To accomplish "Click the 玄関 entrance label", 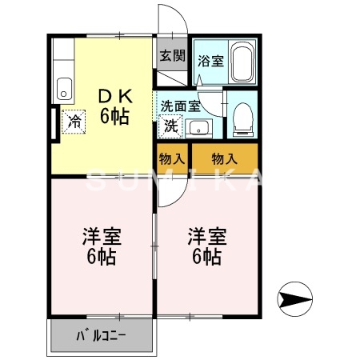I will pos(171,55).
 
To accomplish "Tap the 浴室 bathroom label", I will pos(210,59).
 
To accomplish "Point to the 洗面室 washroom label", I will pos(179,106).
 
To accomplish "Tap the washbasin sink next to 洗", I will pos(197,126).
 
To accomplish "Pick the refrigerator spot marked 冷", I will pos(74,122).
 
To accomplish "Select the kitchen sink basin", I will pos(63,87).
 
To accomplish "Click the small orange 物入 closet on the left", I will pos(171,158).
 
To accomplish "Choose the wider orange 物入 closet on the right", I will pos(224,158).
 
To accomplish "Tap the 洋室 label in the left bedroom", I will pos(102,238).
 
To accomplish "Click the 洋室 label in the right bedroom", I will pos(207,238).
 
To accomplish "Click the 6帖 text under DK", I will pos(114,117).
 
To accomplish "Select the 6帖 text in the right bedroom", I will pos(206,258).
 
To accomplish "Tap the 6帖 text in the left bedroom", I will pos(102,258).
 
